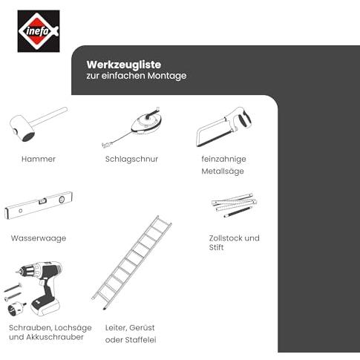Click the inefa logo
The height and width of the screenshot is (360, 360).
pyautogui.click(x=39, y=31)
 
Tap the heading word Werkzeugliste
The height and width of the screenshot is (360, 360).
pyautogui.click(x=124, y=65)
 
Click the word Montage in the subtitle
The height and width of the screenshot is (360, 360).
pyautogui.click(x=167, y=76)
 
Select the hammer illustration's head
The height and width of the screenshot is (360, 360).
pyautogui.click(x=22, y=128)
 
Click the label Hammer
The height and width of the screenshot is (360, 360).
pyautogui.click(x=39, y=159)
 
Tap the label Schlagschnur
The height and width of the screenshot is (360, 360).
pyautogui.click(x=131, y=159)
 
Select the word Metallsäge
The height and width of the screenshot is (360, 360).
pyautogui.click(x=223, y=171)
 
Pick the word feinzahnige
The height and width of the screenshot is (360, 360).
pyautogui.click(x=223, y=159)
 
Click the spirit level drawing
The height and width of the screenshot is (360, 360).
pyautogui.click(x=39, y=206)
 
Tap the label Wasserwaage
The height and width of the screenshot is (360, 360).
pyautogui.click(x=39, y=238)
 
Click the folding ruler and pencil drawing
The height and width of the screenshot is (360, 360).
pyautogui.click(x=235, y=206)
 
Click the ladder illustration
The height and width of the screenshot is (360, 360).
pyautogui.click(x=131, y=263)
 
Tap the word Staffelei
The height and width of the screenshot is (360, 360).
pyautogui.click(x=140, y=340)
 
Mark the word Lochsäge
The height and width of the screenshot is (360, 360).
pyautogui.click(x=73, y=328)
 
